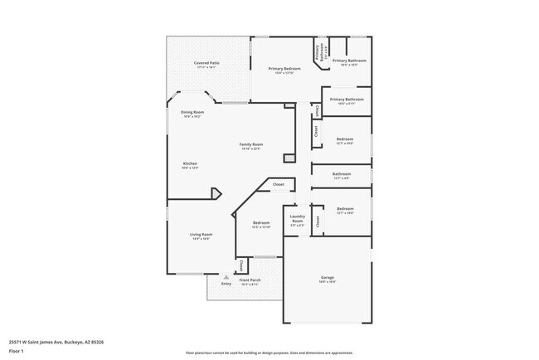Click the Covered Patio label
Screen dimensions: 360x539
206,63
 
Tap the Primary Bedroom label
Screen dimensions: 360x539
284,68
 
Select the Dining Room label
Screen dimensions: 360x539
192,112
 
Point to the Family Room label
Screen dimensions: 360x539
251,144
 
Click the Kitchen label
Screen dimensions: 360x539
190,163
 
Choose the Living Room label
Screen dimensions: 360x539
202,234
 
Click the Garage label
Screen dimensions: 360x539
328,277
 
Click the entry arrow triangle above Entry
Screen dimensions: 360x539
226,277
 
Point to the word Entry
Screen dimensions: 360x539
226,285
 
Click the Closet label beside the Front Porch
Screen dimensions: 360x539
241,265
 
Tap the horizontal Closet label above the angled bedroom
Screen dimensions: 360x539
279,184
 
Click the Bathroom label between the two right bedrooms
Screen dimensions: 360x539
342,174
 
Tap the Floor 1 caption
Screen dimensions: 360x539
17,352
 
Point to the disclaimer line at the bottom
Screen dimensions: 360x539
269,353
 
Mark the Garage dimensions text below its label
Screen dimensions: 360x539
328,282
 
